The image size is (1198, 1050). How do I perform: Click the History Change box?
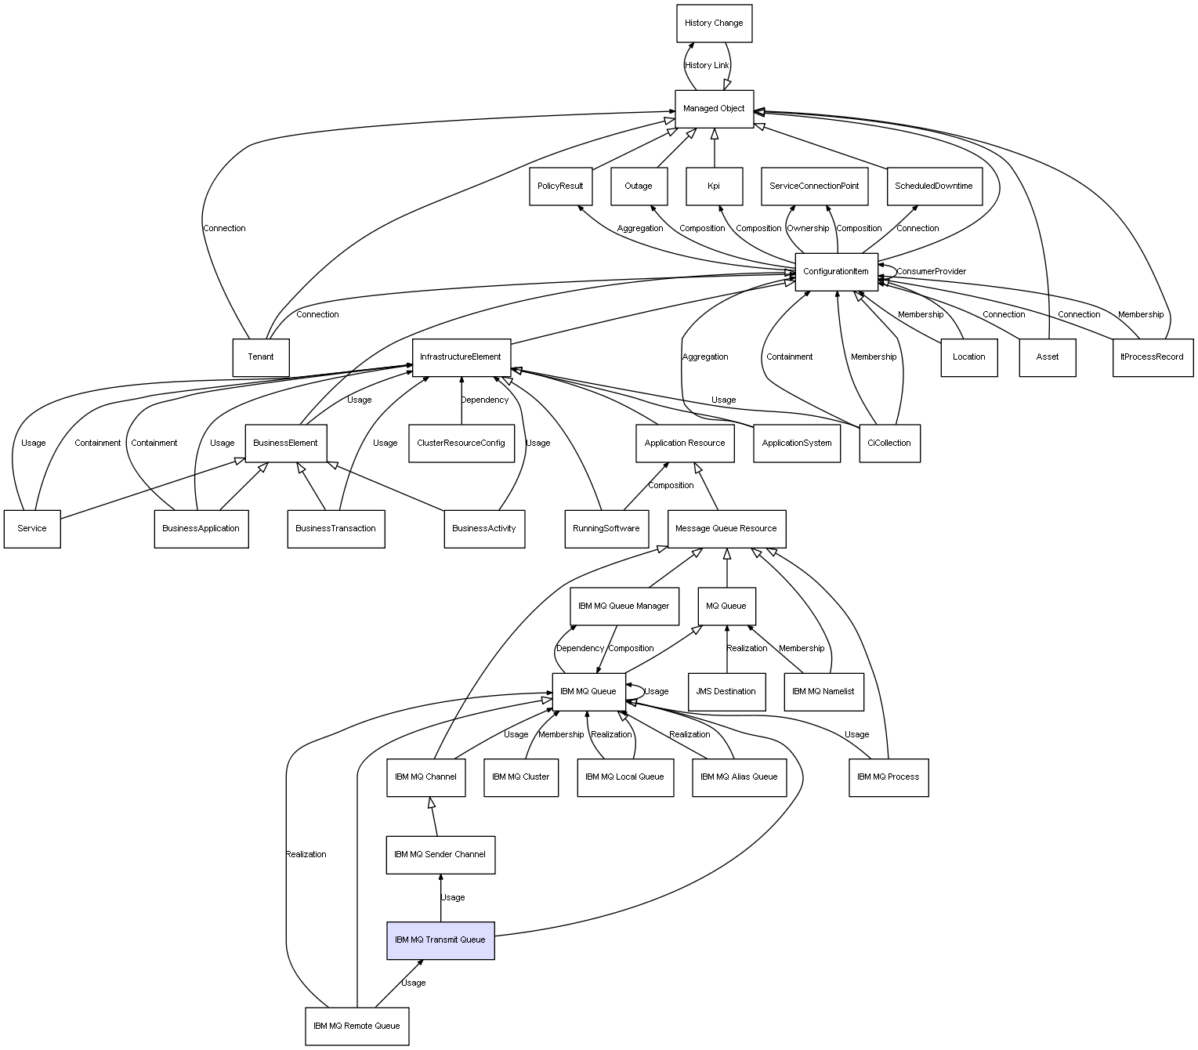[714, 24]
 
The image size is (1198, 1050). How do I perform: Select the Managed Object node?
[714, 109]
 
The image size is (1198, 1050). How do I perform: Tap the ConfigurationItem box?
[836, 272]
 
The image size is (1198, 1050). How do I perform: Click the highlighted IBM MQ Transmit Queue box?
[440, 940]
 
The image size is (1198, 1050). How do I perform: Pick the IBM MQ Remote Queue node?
[357, 1026]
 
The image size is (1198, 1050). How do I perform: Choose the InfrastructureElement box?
[461, 357]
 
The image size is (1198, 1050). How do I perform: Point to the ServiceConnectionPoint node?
[814, 186]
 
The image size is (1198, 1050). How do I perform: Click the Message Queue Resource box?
[726, 529]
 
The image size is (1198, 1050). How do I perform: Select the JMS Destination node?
[726, 692]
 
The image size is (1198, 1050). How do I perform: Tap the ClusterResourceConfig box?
[461, 444]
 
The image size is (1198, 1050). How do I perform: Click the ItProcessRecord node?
[1153, 357]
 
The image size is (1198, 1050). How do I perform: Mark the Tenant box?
[261, 357]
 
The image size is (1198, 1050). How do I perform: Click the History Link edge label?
[707, 66]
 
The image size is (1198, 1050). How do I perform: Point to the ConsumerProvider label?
[931, 272]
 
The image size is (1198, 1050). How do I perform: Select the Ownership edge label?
[808, 229]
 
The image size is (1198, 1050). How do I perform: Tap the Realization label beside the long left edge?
[306, 855]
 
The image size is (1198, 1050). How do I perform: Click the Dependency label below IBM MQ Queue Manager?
[580, 649]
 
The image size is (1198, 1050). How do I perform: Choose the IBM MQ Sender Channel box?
[440, 855]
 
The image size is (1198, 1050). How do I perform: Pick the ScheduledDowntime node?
[934, 186]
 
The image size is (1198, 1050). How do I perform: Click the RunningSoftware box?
[606, 529]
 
